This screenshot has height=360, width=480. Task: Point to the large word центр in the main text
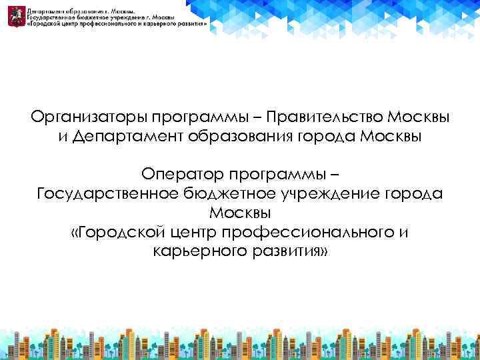point(193,233)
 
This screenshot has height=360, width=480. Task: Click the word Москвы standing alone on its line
point(240,213)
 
